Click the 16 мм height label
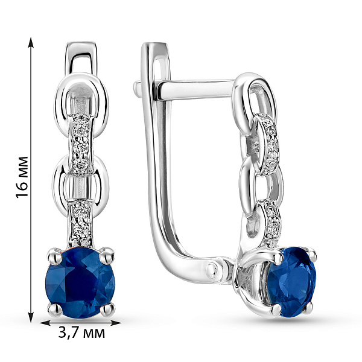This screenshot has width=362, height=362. pos(22,177)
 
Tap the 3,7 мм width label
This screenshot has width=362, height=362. pos(81,333)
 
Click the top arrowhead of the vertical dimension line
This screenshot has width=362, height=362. pos(31,43)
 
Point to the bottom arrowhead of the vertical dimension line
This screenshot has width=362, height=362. pos(31,317)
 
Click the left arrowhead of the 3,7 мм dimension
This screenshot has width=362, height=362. pos(45,323)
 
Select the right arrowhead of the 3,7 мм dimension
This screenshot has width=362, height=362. pos(116,323)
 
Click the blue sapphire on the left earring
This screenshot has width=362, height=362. pos(80,283)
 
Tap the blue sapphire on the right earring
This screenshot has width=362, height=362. pos(291,282)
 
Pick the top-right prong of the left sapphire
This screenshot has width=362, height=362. pos(107,255)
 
